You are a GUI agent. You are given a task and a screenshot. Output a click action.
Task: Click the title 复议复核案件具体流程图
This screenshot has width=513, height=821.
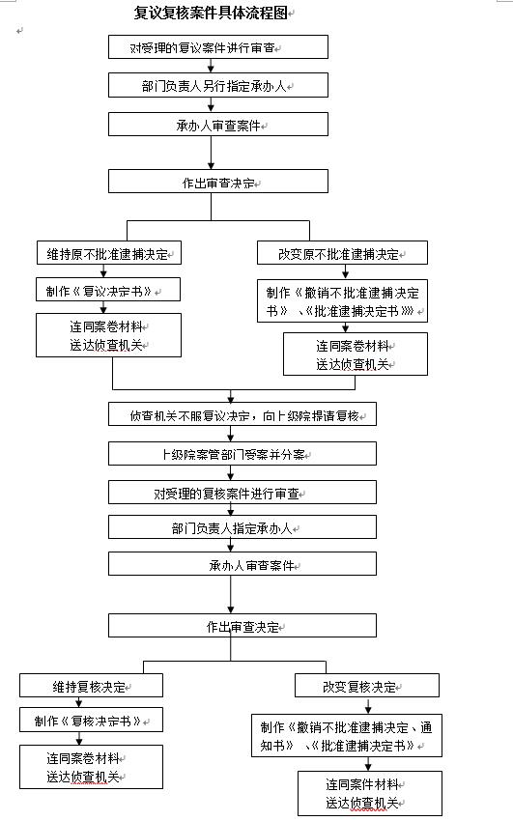pyautogui.click(x=211, y=13)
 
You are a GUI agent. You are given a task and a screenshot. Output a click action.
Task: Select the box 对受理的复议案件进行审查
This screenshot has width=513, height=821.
pyautogui.click(x=218, y=47)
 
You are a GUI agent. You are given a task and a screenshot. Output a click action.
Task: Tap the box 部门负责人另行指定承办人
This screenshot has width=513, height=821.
pyautogui.click(x=218, y=85)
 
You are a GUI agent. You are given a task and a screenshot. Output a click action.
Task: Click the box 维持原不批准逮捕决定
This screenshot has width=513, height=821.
pyautogui.click(x=109, y=253)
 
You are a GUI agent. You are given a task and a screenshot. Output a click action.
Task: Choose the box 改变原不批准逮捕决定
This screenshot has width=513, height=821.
pyautogui.click(x=342, y=253)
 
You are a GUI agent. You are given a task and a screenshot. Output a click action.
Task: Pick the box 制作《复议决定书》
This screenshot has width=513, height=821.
pyautogui.click(x=108, y=290)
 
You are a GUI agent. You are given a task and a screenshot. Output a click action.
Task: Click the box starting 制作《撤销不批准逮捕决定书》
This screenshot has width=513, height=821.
pyautogui.click(x=343, y=300)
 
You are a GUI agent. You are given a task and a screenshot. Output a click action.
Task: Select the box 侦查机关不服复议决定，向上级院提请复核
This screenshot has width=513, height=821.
pyautogui.click(x=242, y=414)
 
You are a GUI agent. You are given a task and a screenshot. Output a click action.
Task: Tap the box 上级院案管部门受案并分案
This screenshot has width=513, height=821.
pyautogui.click(x=242, y=453)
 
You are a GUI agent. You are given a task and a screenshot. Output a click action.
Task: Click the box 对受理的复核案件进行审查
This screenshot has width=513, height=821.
pyautogui.click(x=242, y=493)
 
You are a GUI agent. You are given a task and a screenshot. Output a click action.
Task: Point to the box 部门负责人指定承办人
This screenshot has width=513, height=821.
pyautogui.click(x=242, y=527)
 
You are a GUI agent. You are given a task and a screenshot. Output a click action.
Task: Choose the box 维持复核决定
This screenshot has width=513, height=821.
pyautogui.click(x=91, y=686)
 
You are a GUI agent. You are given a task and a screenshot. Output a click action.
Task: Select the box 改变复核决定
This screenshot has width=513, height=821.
pyautogui.click(x=367, y=686)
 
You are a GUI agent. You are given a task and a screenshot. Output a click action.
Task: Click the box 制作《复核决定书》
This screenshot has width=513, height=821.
pyautogui.click(x=91, y=720)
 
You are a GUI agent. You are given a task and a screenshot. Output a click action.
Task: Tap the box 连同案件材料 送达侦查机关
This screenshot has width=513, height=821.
pyautogui.click(x=370, y=793)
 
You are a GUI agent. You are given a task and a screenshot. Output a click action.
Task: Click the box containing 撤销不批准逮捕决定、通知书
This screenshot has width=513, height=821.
pyautogui.click(x=347, y=736)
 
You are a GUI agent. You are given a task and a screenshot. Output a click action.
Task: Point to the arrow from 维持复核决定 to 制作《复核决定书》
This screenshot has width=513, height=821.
pyautogui.click(x=79, y=702)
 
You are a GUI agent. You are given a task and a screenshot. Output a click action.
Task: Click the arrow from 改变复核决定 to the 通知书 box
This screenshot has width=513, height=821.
pyautogui.click(x=368, y=705)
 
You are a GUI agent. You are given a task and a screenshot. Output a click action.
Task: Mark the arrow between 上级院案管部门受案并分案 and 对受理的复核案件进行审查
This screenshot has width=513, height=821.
pyautogui.click(x=230, y=473)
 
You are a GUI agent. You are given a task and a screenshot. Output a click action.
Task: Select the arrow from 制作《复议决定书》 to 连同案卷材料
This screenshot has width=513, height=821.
pyautogui.click(x=103, y=307)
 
